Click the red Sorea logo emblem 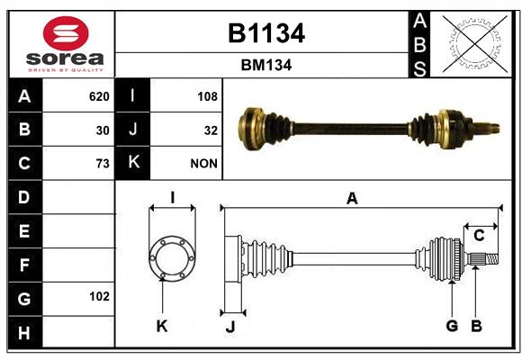click(66, 33)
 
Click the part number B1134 click(266, 33)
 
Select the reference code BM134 click(266, 65)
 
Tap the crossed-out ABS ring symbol click(475, 43)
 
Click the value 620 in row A click(99, 96)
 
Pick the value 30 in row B click(103, 130)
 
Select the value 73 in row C click(103, 164)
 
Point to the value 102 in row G click(99, 296)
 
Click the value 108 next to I click(207, 96)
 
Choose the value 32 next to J click(211, 130)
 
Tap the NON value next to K click(203, 164)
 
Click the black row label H click(24, 333)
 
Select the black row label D click(24, 197)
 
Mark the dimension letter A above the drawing click(352, 199)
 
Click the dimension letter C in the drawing click(479, 236)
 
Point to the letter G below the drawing click(452, 326)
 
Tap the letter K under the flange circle click(162, 327)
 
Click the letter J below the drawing click(230, 327)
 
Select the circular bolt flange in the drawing click(172, 258)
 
